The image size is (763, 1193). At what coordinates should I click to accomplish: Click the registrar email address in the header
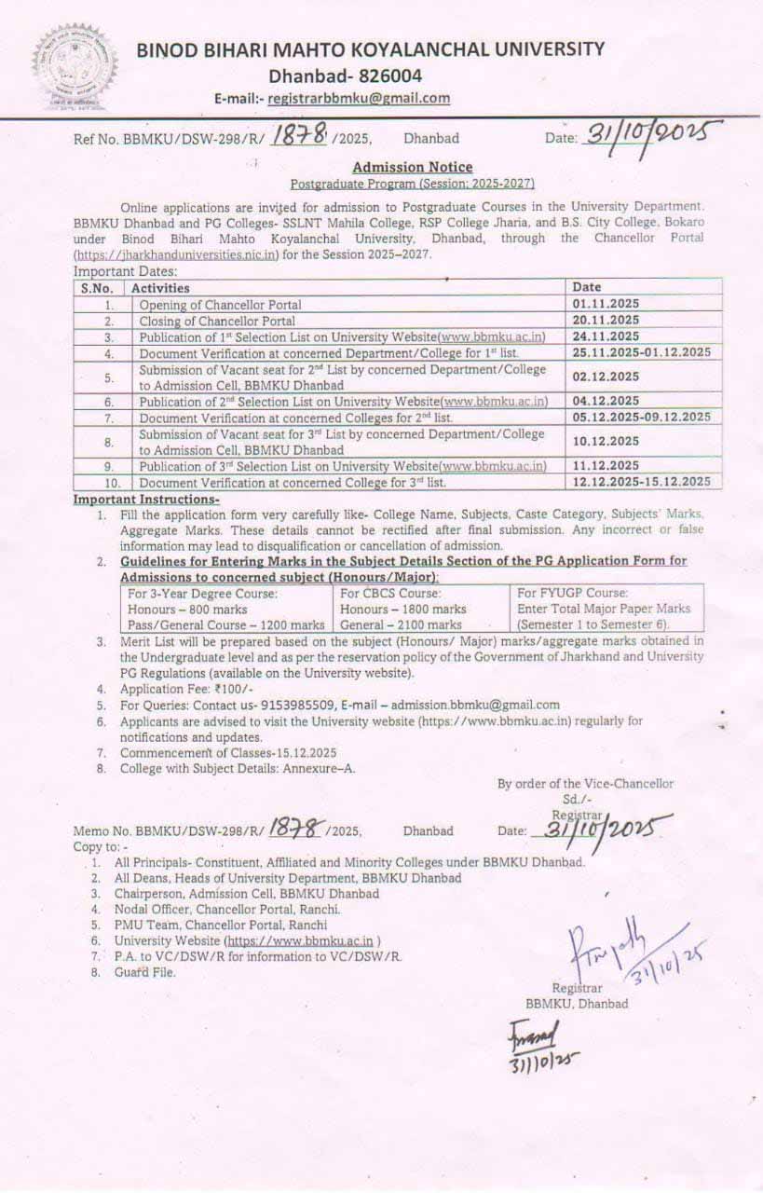tap(359, 98)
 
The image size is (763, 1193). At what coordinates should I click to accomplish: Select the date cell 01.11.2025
tap(606, 304)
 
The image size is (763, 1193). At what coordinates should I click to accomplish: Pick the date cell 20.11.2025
tap(606, 320)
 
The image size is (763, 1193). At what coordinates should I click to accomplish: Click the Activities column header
tap(160, 288)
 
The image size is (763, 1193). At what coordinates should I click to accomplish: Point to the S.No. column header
tap(97, 288)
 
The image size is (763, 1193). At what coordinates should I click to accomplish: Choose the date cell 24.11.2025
tap(606, 336)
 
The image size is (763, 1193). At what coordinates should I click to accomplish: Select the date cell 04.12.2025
tap(606, 401)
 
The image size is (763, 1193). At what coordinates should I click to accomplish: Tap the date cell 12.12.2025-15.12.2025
tap(643, 482)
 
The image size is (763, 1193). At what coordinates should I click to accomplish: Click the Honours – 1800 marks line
tap(403, 609)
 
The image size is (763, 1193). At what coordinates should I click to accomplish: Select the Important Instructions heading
tap(146, 500)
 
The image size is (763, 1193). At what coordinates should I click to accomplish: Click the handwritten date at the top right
tap(652, 136)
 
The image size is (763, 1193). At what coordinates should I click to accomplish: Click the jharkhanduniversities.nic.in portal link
tap(177, 254)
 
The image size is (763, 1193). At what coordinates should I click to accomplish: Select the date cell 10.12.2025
tap(606, 441)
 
